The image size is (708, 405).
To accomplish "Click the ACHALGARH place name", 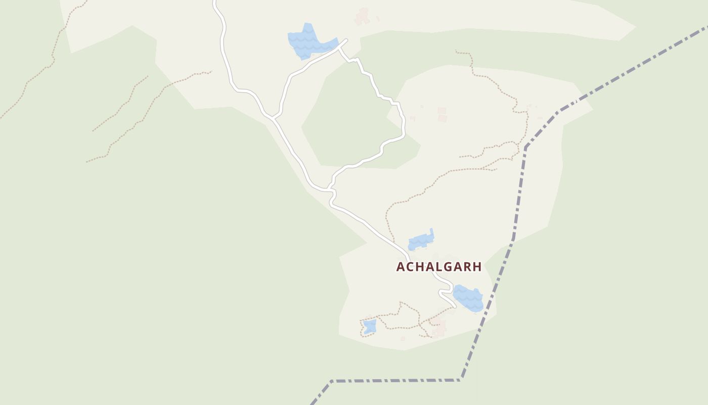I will coord(438,267).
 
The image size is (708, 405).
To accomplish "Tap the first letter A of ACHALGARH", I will coord(400,267).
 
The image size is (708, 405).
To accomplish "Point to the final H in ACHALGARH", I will coord(476,267).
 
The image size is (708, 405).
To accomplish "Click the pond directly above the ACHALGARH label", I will coord(421,240).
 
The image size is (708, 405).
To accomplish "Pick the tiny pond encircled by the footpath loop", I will coord(370,326).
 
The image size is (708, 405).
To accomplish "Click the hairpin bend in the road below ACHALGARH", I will coord(441,292).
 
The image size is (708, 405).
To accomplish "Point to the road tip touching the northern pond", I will coord(345,40).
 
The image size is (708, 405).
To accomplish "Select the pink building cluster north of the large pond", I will coord(362,16).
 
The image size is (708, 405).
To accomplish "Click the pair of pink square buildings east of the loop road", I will coord(442,114).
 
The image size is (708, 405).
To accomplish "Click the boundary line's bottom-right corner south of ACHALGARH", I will coord(461,379).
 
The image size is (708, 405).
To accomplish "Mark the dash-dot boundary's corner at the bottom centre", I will coord(331,381).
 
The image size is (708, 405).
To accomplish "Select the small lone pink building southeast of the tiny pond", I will coord(403,339).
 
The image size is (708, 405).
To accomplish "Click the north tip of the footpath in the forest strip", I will coord(456,51).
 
